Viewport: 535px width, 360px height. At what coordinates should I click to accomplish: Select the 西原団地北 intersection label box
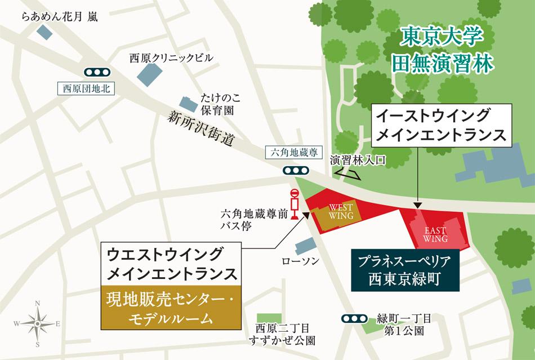(86, 88)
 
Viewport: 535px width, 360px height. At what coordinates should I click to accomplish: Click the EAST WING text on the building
(436, 234)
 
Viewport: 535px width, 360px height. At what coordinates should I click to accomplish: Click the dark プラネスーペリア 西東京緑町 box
(404, 270)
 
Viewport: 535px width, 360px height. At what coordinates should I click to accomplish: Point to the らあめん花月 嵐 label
(60, 17)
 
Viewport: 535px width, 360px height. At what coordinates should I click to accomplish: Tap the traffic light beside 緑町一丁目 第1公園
(354, 319)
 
